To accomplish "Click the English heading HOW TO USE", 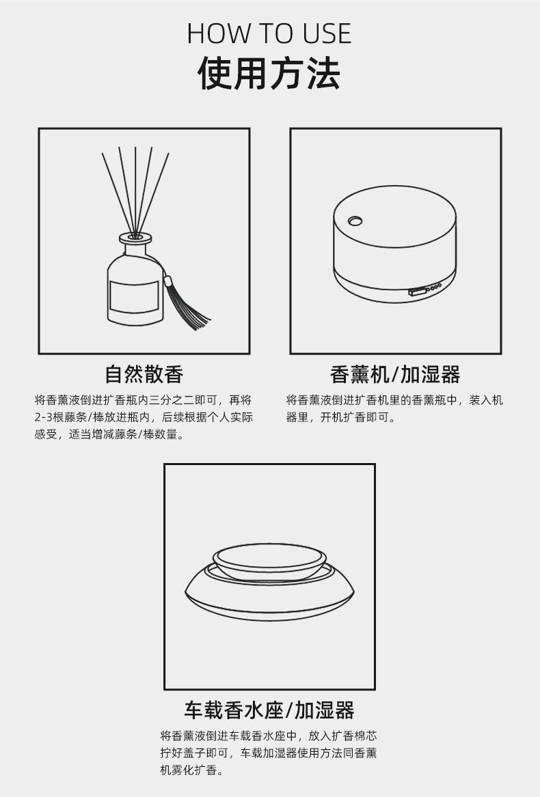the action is click(269, 33).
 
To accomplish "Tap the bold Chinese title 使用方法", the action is click(269, 73).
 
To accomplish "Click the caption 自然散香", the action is click(144, 374).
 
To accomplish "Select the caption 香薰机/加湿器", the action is click(395, 375).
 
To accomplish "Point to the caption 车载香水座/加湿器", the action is click(269, 710).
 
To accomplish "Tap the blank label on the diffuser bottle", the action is click(133, 297).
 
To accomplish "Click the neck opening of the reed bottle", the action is click(135, 237).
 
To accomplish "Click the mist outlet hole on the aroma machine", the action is click(355, 221).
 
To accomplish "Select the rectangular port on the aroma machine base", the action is click(416, 292).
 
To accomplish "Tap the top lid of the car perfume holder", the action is click(269, 561).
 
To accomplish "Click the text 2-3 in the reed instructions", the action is click(43, 417).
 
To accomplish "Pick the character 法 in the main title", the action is click(323, 73).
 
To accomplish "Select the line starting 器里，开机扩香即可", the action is click(340, 417).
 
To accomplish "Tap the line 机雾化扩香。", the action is click(192, 770).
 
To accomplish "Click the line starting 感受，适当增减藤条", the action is click(109, 434).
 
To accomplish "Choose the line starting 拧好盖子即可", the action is click(268, 753).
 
